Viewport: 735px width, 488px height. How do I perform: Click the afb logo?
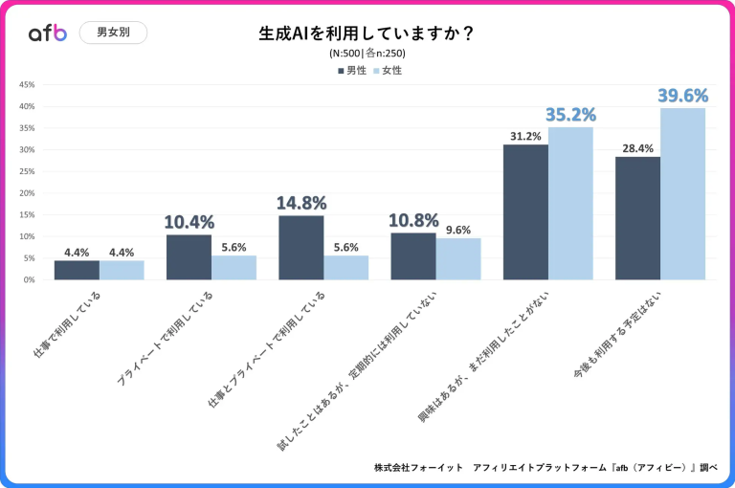click(x=48, y=33)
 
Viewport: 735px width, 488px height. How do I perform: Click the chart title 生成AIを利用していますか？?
click(x=367, y=33)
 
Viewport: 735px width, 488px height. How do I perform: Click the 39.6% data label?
click(x=682, y=95)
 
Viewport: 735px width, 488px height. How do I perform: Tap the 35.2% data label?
click(x=570, y=115)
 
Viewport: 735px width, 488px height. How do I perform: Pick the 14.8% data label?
click(x=301, y=203)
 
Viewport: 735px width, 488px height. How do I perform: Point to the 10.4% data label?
click(x=189, y=222)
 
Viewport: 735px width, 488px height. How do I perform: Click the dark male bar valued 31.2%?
click(x=525, y=212)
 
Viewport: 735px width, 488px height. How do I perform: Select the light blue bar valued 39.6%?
click(x=682, y=194)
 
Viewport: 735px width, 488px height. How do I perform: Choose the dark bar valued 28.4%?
click(x=637, y=218)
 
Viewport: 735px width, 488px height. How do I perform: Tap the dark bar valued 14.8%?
click(x=301, y=248)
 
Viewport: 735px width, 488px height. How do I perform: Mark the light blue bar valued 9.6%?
click(x=458, y=259)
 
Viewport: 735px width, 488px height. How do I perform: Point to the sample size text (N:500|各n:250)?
click(x=367, y=54)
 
